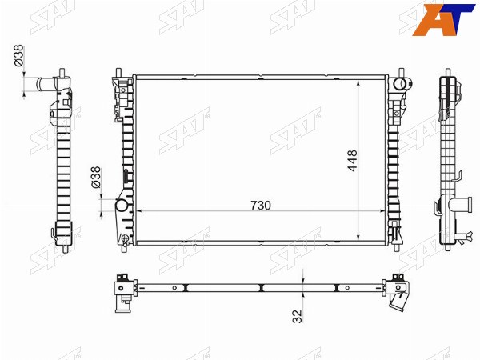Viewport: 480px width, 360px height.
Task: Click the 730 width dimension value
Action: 261,206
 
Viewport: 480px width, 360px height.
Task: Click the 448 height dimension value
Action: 352,161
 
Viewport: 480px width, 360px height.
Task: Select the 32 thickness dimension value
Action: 298,316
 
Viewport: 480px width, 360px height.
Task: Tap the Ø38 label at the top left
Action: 18,55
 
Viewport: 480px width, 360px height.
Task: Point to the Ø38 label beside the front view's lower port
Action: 95,177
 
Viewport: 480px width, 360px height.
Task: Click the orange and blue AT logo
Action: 442,19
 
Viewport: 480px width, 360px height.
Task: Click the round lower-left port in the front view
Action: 122,205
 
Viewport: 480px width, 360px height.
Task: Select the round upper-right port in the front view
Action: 399,83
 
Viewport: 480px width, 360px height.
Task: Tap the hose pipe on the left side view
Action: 46,83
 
